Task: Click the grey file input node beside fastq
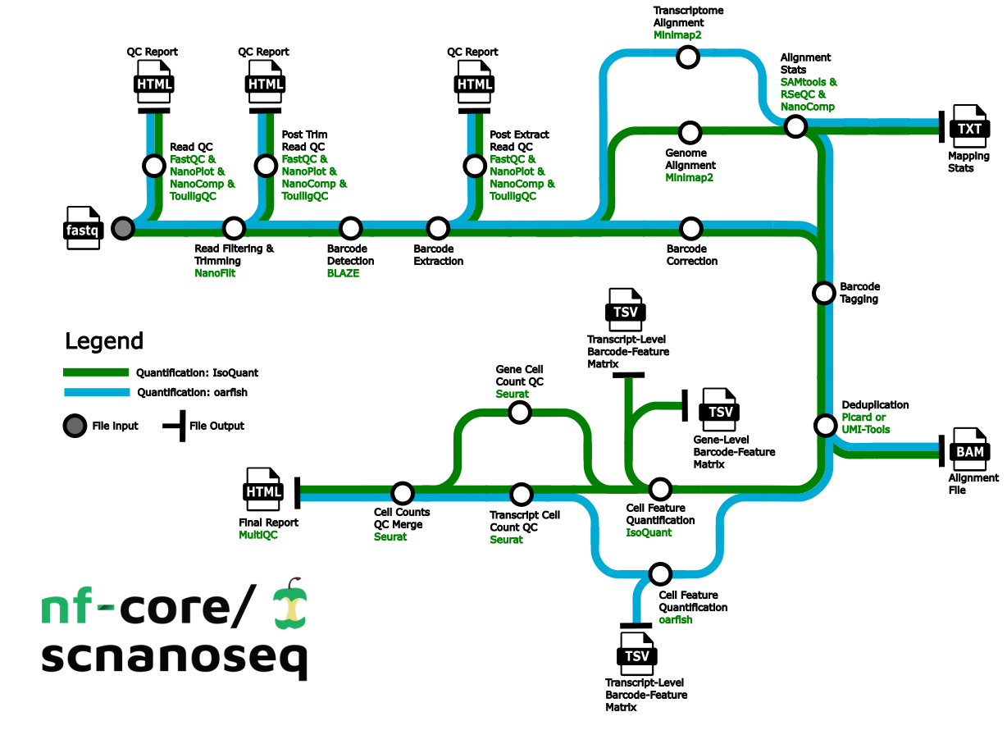(123, 228)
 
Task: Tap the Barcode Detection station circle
(351, 228)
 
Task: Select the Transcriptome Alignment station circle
(687, 57)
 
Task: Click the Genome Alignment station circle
(690, 132)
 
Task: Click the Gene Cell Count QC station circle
(520, 412)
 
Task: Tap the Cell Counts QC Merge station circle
(402, 493)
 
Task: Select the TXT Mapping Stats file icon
(969, 127)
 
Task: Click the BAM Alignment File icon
(969, 450)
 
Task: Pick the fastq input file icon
(83, 229)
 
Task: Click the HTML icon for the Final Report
(263, 491)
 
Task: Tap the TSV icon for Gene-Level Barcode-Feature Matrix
(719, 411)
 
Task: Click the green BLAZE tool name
(343, 273)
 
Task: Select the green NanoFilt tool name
(215, 273)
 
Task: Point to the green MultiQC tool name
(259, 535)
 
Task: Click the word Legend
(104, 341)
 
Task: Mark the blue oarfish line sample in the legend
(97, 392)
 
